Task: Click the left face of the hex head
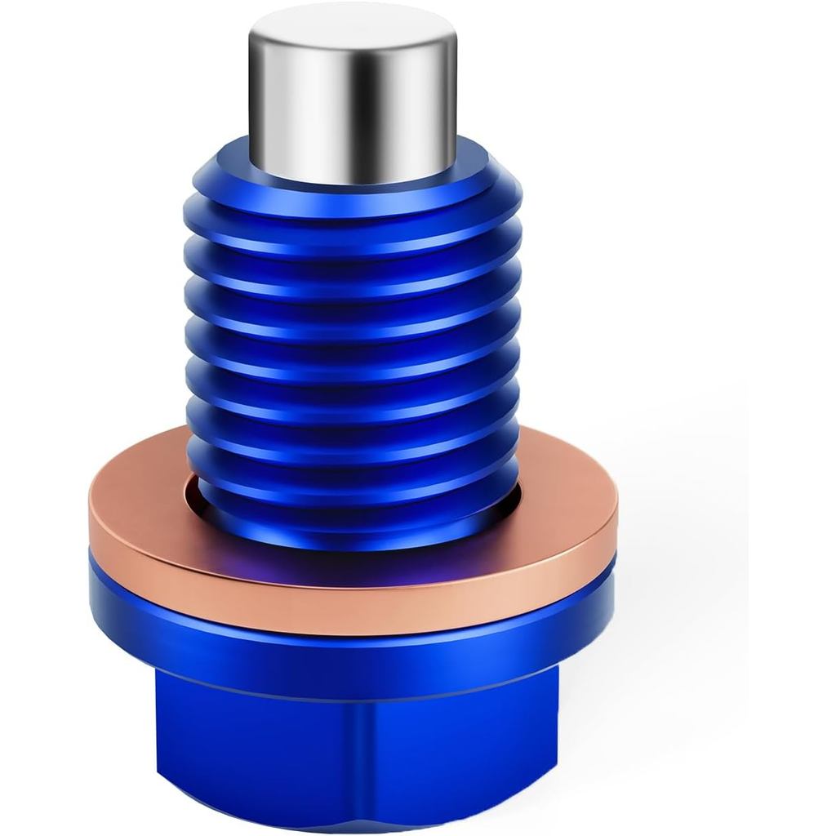click(x=245, y=751)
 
